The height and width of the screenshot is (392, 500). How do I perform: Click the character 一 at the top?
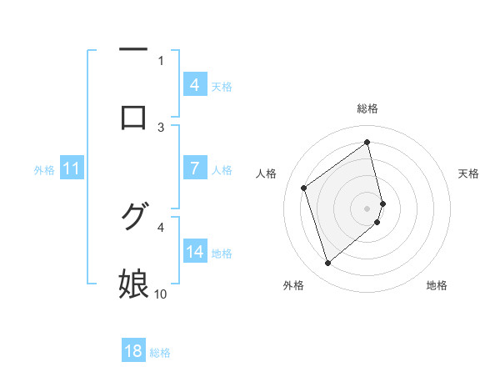tap(133, 51)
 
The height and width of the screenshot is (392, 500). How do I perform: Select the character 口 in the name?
tap(133, 117)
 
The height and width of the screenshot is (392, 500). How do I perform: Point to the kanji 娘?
tap(133, 284)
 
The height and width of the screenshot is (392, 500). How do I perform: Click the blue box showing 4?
tap(194, 84)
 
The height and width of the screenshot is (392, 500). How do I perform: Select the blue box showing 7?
tap(194, 168)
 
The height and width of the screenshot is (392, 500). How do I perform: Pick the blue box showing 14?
tap(194, 251)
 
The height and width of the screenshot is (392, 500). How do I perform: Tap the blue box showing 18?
tap(133, 351)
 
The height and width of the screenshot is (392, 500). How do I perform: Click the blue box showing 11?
tap(72, 168)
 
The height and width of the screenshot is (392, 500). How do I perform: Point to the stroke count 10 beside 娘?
tap(161, 294)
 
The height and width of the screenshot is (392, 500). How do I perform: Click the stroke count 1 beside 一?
tap(161, 60)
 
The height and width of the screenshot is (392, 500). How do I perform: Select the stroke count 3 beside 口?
tap(161, 127)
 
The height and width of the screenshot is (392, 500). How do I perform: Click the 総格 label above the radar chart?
tap(367, 109)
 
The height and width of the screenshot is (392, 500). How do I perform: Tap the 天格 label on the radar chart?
tap(469, 173)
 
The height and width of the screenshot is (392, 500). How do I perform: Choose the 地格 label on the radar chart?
tap(437, 285)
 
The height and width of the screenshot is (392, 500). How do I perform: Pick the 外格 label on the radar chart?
tap(292, 285)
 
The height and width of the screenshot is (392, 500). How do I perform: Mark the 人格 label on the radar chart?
tap(267, 173)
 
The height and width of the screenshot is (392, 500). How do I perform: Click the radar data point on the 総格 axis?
tap(367, 142)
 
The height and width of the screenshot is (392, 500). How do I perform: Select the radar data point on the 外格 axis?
tap(327, 264)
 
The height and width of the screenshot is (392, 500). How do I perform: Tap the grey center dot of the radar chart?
tap(367, 207)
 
